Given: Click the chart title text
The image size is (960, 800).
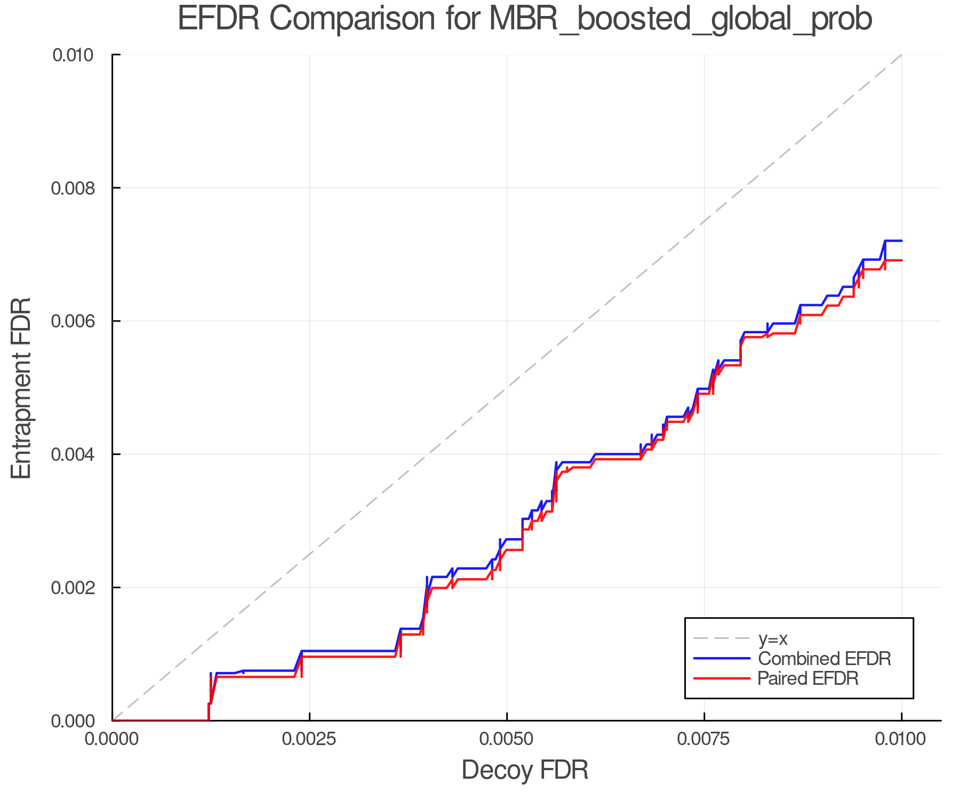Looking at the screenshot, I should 525,19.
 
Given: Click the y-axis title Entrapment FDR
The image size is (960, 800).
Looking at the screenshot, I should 21,388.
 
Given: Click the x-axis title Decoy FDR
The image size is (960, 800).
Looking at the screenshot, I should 525,770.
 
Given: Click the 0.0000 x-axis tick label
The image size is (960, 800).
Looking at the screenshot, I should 112,739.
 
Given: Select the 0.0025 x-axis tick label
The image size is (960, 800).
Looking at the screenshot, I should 309,739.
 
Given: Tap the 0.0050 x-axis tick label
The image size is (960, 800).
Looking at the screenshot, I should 507,739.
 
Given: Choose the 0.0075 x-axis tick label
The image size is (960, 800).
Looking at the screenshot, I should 704,739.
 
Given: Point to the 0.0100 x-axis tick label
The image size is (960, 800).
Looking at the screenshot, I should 901,739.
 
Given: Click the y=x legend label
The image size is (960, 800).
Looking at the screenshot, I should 773,638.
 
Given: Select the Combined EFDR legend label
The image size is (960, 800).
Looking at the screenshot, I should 825,659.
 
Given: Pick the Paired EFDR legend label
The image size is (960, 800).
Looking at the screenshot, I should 808,678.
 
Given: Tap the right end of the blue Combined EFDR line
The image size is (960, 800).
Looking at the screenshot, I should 901,241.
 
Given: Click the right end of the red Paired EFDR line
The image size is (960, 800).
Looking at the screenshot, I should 901,260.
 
